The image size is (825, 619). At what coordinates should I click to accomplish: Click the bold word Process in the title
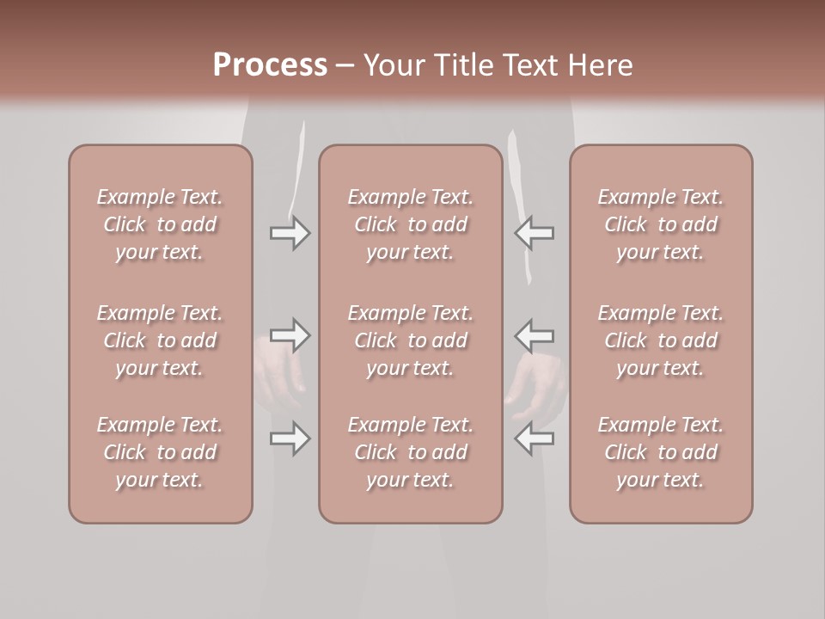coord(270,65)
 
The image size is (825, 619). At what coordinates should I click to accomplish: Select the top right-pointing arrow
coord(290,233)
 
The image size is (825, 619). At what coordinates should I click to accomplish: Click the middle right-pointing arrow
coord(290,335)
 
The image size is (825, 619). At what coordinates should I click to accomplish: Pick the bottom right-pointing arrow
coord(290,438)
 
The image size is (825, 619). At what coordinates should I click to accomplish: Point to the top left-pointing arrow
coord(534,233)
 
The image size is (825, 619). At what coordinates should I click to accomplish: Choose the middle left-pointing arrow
coord(534,335)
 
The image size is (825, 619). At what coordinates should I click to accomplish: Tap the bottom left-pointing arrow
coord(534,438)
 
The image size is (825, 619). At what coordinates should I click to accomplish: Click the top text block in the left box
coord(160,224)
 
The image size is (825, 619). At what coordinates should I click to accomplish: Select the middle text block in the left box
coord(160,340)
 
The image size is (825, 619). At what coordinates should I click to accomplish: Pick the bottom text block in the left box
coord(160,452)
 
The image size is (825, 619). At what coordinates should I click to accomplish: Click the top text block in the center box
coord(410,224)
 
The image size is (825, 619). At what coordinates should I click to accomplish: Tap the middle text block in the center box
coord(410,340)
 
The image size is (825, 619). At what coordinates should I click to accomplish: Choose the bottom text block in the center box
coord(410,452)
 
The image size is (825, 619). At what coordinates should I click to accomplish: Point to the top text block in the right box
coord(660,224)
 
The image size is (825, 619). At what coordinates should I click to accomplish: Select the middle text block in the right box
coord(660,340)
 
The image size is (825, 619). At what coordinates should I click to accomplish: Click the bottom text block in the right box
coord(660,452)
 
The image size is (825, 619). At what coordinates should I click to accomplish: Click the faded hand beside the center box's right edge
coord(534,383)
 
